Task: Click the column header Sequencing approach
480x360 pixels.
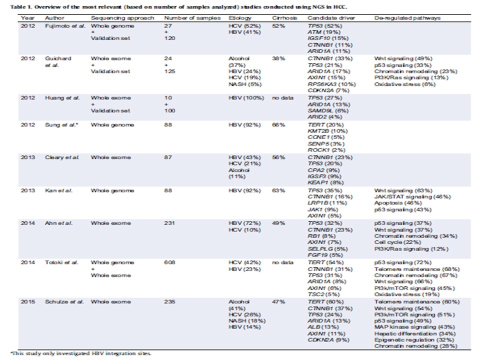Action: tap(122, 18)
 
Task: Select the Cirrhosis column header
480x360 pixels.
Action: tap(284, 18)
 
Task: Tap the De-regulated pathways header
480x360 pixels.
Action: tap(407, 18)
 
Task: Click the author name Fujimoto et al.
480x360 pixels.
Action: tap(65, 26)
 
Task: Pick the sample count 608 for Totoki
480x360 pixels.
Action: tap(169, 262)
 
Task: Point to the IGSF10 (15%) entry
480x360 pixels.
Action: tap(328, 38)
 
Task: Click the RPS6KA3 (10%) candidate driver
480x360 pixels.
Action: tap(332, 84)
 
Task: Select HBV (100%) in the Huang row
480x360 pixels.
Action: tap(246, 98)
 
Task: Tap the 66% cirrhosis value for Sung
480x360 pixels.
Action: tap(278, 125)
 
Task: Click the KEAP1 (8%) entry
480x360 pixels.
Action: tap(325, 183)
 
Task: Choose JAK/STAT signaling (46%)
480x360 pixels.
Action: tap(412, 197)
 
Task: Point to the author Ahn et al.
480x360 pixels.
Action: tap(59, 223)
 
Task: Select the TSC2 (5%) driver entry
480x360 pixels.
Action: tap(324, 294)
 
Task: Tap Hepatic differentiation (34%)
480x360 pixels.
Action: tap(415, 333)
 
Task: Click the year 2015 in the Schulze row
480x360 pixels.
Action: tap(28, 302)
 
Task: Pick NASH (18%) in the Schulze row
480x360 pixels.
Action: tap(247, 321)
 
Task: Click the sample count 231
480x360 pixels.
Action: tap(169, 223)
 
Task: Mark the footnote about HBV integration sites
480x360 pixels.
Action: tap(81, 353)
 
